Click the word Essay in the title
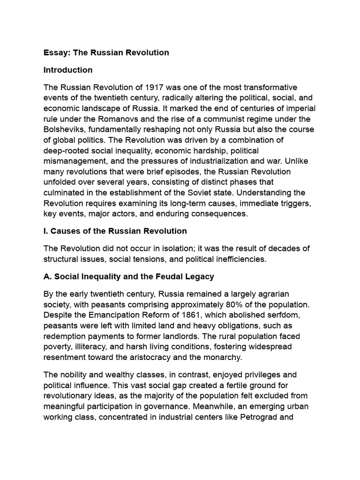click(x=55, y=52)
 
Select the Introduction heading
click(x=68, y=70)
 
